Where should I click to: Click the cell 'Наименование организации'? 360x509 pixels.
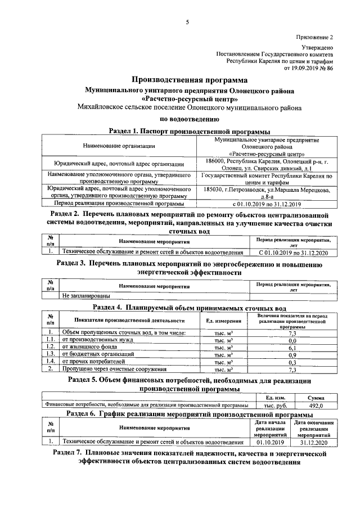tap(119, 146)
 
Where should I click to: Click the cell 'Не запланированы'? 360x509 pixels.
tap(86, 294)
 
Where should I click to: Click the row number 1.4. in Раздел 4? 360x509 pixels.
tap(50, 363)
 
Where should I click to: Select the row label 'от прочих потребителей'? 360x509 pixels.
tap(92, 363)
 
